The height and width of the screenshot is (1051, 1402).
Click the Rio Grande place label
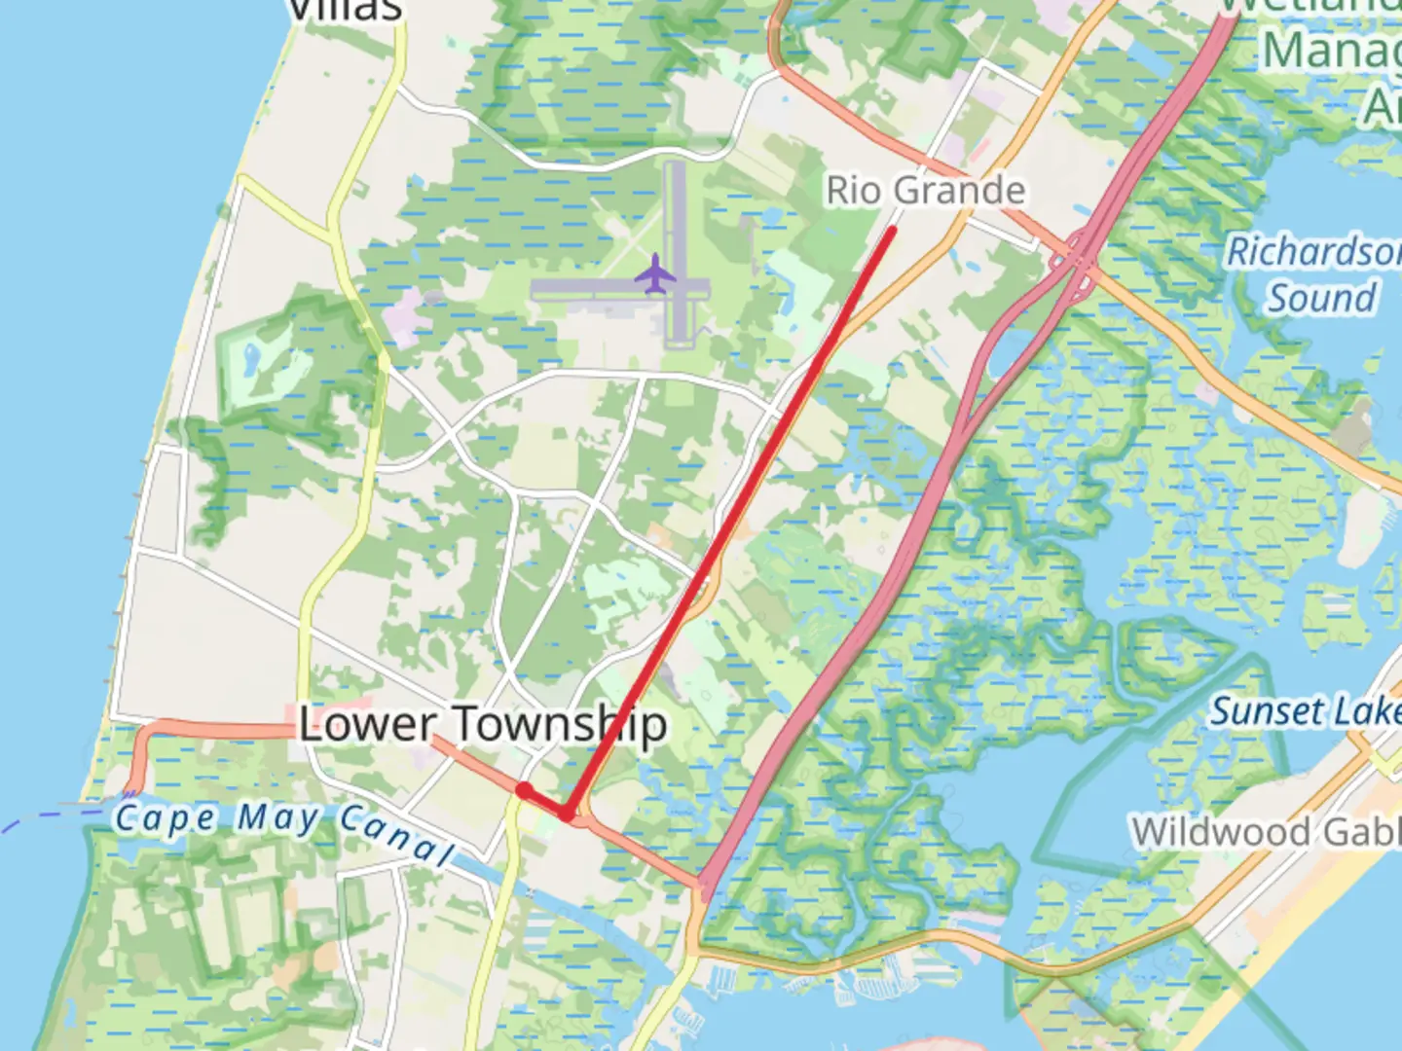[x=925, y=190]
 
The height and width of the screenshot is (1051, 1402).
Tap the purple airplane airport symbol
[x=655, y=273]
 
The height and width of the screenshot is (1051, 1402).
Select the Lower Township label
[x=483, y=724]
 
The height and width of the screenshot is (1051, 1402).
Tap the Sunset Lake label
[x=1305, y=711]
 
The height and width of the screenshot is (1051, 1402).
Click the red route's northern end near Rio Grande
[x=891, y=231]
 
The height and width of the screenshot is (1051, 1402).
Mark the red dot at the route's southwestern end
[x=524, y=790]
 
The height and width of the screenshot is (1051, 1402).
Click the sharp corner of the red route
[x=568, y=813]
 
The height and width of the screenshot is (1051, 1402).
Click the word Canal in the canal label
[x=397, y=836]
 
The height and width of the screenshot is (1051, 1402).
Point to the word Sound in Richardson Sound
[x=1322, y=298]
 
